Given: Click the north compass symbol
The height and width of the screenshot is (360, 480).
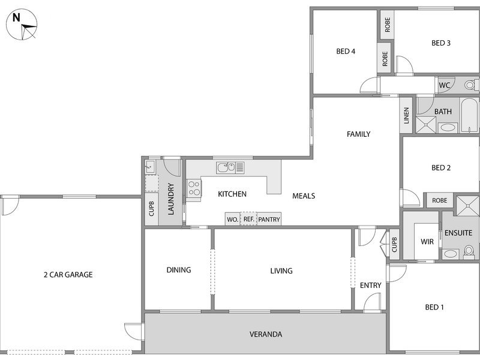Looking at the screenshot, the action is coord(22,25).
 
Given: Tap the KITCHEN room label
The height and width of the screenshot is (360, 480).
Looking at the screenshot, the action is coord(232,194).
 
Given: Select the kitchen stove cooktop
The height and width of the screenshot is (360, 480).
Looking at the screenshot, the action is coord(194,188).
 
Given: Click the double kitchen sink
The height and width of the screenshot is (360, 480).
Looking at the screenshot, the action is coord(230,167).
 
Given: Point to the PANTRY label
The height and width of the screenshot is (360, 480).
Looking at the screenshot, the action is coord(269,220).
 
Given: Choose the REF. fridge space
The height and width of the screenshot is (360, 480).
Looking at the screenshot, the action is coord(248,219).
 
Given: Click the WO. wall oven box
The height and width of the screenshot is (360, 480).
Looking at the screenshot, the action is coord(233,219).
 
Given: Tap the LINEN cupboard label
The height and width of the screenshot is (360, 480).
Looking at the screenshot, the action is coord(406,115).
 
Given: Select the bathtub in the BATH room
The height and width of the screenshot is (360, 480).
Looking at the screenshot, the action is coord(469,115).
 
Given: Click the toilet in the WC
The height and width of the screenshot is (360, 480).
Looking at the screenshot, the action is coord(472,85).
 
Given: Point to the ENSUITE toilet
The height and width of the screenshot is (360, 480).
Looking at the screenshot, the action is coord(469,251).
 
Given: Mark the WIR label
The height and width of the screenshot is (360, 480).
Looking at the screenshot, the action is coord(427,242).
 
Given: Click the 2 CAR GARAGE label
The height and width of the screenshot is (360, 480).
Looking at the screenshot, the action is coord(68,275).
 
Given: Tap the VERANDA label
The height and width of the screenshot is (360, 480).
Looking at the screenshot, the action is coord(266,334).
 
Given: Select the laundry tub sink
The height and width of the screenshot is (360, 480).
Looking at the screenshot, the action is coord(151,167).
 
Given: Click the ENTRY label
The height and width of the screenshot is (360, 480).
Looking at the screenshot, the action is coord(370,286).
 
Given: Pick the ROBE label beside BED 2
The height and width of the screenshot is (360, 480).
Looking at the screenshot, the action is coord(440,200).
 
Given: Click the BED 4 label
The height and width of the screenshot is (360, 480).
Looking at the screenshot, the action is coord(346,52).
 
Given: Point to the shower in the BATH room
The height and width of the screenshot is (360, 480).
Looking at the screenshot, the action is coord(425,125).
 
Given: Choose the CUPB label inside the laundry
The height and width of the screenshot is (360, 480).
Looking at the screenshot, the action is coord(152,209).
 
